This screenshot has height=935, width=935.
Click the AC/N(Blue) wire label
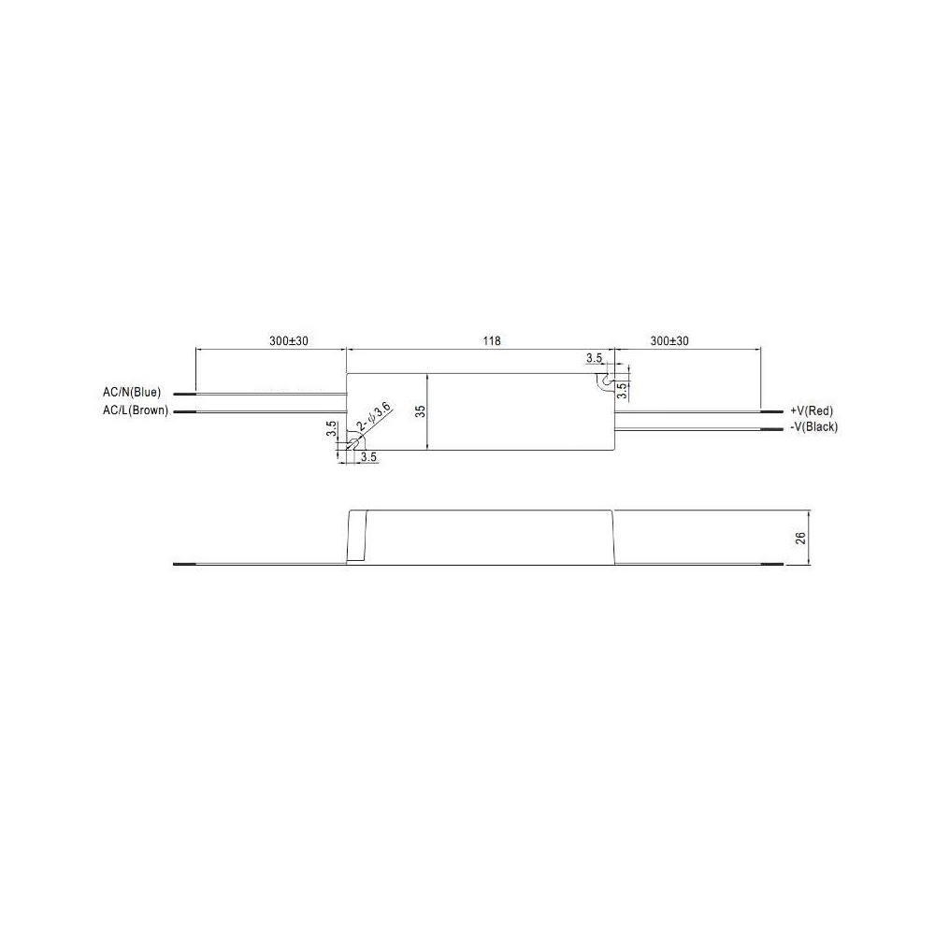click(132, 393)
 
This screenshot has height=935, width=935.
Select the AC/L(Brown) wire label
click(136, 410)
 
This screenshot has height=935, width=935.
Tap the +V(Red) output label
click(812, 410)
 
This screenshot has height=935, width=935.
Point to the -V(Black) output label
click(814, 427)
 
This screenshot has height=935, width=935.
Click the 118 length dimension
click(492, 341)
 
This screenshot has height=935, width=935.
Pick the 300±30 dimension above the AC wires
click(289, 341)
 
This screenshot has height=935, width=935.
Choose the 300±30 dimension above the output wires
click(669, 341)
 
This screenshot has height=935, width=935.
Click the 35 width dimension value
click(421, 411)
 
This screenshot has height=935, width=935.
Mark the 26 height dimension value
click(801, 538)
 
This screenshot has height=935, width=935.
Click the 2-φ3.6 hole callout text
click(374, 417)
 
